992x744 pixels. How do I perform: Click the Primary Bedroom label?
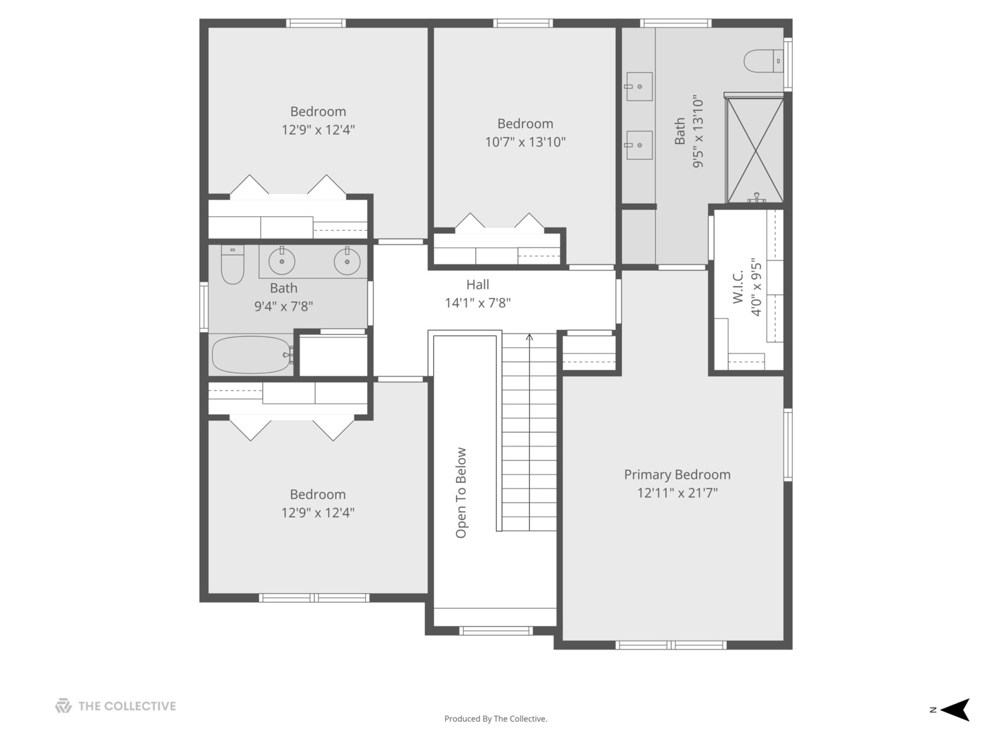[x=677, y=475]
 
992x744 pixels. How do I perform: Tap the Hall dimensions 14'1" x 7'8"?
[x=477, y=302]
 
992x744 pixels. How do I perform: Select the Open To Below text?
[x=461, y=493]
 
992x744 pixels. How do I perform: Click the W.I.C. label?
[x=738, y=287]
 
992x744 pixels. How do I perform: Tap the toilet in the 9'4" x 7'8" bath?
[x=232, y=265]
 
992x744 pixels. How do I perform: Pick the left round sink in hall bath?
[x=282, y=261]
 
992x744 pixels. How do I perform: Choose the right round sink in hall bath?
[x=347, y=261]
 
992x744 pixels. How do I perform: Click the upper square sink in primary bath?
[x=639, y=86]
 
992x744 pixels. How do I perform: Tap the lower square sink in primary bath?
[x=639, y=145]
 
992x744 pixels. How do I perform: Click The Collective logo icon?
[x=63, y=706]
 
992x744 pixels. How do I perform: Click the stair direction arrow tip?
[x=529, y=334]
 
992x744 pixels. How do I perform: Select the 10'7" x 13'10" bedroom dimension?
[x=525, y=143]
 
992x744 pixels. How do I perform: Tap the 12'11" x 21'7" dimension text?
[x=677, y=493]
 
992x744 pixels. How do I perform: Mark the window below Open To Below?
[x=496, y=630]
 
